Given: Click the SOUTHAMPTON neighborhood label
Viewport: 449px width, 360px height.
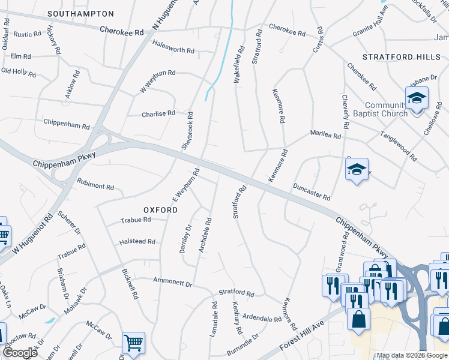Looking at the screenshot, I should click(80, 13).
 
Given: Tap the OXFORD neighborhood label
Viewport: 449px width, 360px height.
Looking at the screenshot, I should click(160, 210).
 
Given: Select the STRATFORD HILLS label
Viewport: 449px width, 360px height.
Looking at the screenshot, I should click(397, 57).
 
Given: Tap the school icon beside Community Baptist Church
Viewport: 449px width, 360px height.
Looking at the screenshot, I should click(416, 98).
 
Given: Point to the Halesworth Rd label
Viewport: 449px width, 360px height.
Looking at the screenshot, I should click(173, 51).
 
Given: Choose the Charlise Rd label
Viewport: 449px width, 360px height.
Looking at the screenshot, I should click(158, 113).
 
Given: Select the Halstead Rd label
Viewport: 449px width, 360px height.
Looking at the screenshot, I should click(138, 241).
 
